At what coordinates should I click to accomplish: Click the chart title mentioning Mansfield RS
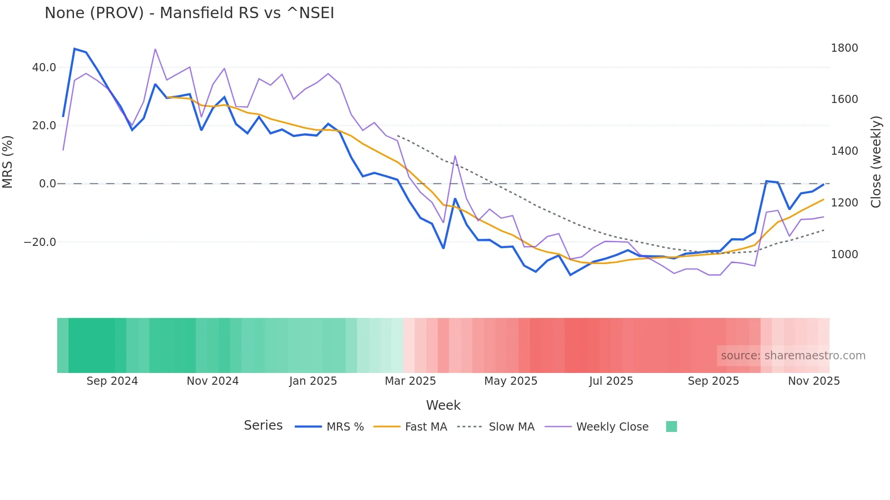click(x=189, y=13)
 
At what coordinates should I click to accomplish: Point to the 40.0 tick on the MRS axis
click(x=44, y=68)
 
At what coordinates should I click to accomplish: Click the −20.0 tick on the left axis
click(x=40, y=242)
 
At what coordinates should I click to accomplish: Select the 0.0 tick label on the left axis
click(x=47, y=184)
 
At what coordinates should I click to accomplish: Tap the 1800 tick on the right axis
click(x=844, y=48)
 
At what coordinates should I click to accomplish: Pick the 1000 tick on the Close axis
click(x=844, y=255)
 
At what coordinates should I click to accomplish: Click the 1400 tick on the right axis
click(x=844, y=151)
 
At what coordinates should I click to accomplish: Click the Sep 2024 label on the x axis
click(x=112, y=381)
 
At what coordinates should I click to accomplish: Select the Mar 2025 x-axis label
click(x=410, y=381)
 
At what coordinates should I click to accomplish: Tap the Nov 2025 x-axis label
click(x=814, y=381)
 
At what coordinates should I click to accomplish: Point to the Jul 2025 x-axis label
click(x=611, y=381)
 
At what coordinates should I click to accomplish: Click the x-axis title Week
click(x=443, y=405)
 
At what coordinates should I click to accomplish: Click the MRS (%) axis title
click(x=8, y=162)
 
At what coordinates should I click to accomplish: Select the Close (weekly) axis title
click(x=876, y=162)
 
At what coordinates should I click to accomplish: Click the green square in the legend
click(x=671, y=426)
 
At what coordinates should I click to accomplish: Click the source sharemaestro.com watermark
click(x=793, y=356)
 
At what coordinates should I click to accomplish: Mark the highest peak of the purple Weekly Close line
click(x=155, y=49)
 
